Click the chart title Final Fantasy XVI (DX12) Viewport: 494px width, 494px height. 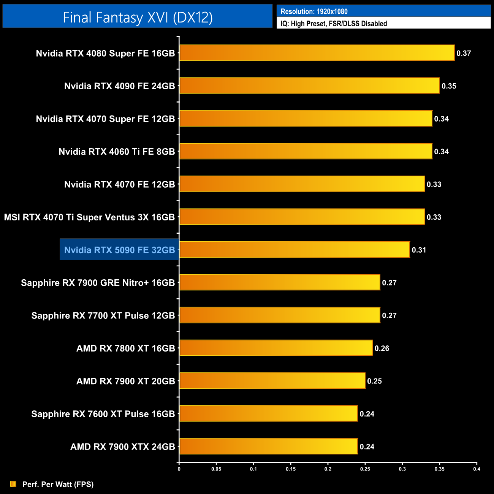138,17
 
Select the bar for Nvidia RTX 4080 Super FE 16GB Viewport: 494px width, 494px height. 317,53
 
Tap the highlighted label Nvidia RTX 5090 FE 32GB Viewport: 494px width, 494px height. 119,250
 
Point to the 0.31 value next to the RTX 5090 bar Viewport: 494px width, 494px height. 419,250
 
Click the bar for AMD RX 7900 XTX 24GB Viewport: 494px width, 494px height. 268,446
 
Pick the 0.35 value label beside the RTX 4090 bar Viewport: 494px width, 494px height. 449,86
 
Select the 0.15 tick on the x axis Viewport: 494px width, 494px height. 291,469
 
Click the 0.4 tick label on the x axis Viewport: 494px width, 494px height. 477,469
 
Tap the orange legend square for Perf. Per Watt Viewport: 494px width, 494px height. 13,484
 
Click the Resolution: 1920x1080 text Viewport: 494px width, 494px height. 314,11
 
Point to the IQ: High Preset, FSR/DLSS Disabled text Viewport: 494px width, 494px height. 334,24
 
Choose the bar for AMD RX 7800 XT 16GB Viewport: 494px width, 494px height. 276,348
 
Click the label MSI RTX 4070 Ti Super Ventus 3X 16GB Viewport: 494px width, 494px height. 89,217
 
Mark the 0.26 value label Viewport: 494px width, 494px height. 382,348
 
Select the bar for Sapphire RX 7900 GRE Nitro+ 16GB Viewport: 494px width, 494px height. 280,282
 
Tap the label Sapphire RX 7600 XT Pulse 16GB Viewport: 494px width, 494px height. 103,414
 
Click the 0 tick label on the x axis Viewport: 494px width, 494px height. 179,469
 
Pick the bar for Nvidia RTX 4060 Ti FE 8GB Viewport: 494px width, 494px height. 306,151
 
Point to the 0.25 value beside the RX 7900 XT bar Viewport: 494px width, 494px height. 374,381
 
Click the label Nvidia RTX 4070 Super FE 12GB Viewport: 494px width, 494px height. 105,119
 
